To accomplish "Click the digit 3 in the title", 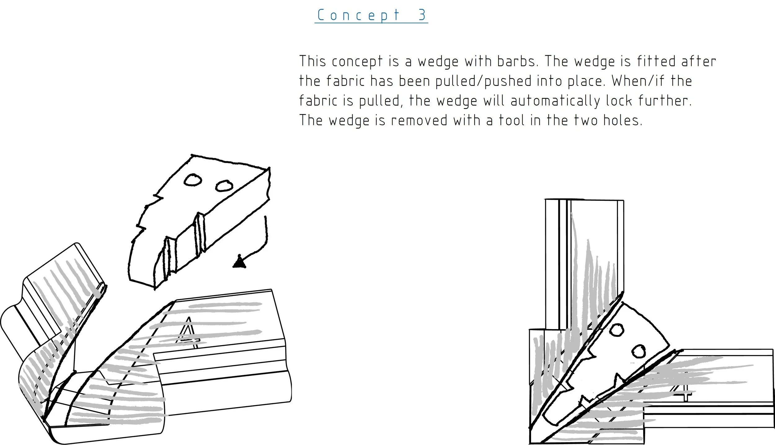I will pos(422,15).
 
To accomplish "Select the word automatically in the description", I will pos(555,101).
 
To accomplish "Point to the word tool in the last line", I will pos(511,120).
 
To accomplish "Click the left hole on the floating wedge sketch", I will pos(193,180).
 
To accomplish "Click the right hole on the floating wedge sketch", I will pos(224,186).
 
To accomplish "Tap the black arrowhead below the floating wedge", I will pos(239,262).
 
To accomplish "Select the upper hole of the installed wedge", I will pos(617,330).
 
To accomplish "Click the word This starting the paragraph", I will pos(312,61).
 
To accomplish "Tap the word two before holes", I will pos(586,120).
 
